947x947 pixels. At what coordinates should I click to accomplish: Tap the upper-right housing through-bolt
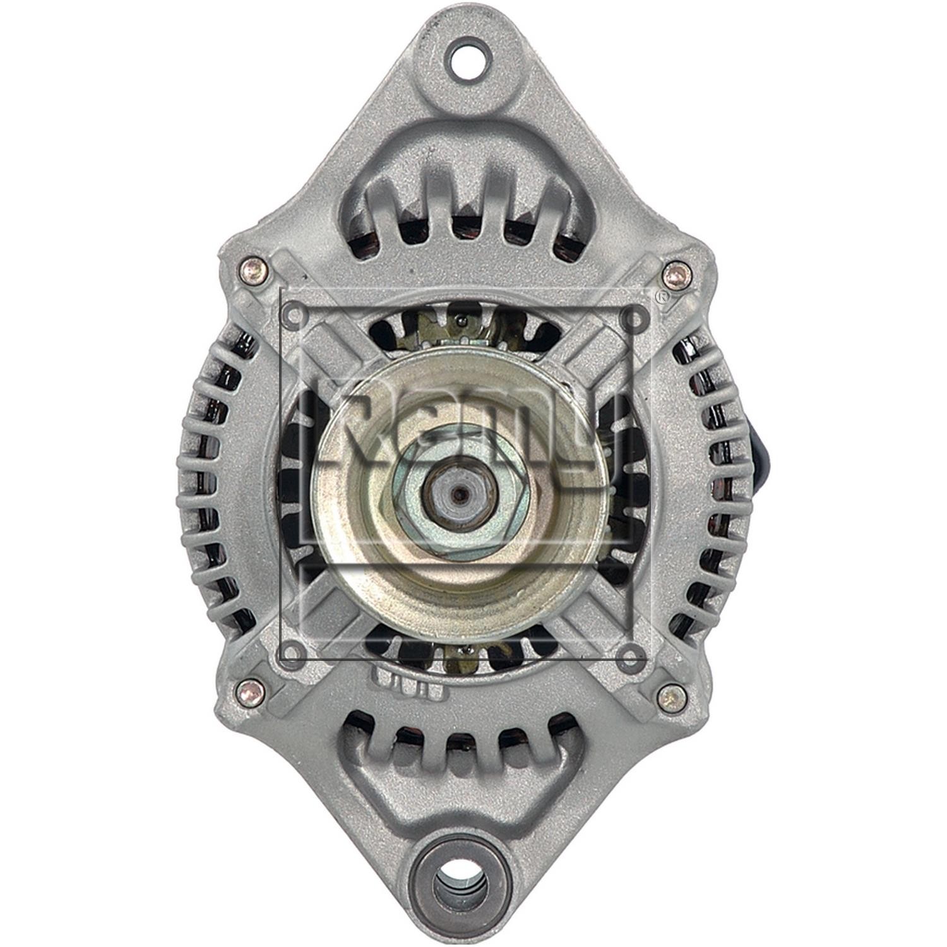[x=678, y=274]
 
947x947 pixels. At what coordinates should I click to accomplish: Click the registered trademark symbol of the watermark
[x=661, y=298]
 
